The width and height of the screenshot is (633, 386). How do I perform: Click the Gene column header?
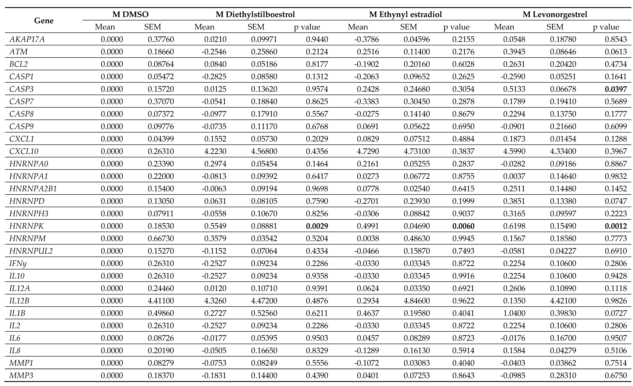click(x=44, y=21)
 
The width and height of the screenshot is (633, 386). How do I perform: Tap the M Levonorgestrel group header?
click(x=555, y=14)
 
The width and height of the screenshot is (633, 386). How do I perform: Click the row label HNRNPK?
click(x=26, y=226)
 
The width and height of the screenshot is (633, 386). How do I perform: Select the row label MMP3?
click(x=21, y=376)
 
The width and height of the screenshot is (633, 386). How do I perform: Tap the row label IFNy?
click(x=18, y=263)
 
